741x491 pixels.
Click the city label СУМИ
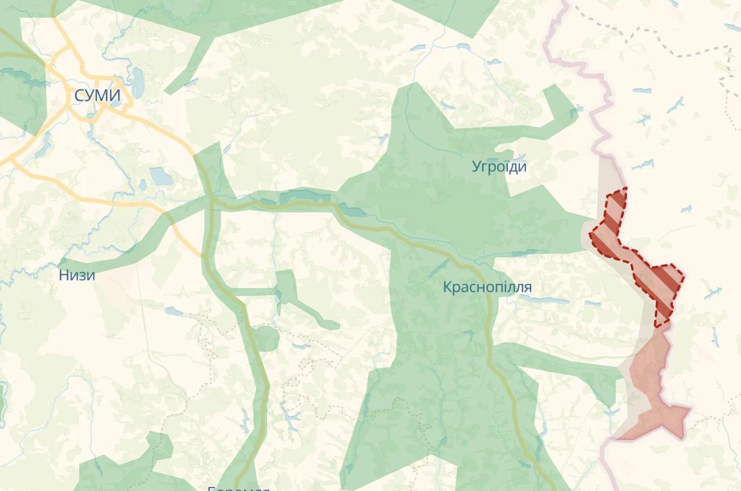tap(97, 96)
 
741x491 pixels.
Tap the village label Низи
tap(77, 275)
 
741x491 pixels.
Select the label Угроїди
tap(499, 166)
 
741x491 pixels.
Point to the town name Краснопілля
tap(487, 287)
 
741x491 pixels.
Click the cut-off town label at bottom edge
tap(239, 487)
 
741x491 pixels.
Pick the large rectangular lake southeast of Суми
tap(161, 176)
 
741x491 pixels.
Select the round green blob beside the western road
tap(266, 338)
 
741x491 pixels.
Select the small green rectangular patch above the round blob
tap(287, 286)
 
